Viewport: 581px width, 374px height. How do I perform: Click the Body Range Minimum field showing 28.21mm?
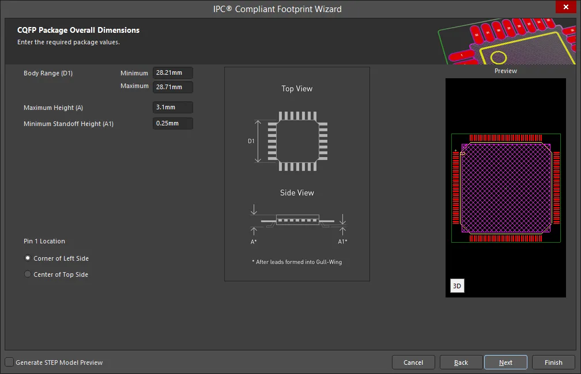[x=173, y=73]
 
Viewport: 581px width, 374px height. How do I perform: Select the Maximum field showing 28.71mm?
[x=173, y=87]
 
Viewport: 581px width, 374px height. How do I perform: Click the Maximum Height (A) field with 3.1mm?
[x=173, y=107]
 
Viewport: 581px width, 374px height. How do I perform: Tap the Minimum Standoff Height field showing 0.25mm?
[x=173, y=123]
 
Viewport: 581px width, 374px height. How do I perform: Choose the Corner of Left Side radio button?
[x=28, y=258]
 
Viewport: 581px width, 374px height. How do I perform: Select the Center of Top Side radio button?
[x=28, y=274]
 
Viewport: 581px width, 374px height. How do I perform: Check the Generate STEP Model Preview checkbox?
[x=9, y=362]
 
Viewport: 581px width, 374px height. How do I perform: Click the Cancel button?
[x=413, y=362]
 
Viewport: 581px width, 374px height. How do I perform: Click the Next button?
[x=505, y=362]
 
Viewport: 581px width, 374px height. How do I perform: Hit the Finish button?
[x=553, y=362]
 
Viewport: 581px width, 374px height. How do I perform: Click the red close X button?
[x=566, y=7]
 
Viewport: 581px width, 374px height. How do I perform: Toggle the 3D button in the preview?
[x=457, y=286]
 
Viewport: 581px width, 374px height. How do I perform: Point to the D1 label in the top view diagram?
[x=251, y=141]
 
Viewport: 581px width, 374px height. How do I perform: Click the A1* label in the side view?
[x=342, y=242]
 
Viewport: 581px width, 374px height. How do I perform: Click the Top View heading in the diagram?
[x=297, y=89]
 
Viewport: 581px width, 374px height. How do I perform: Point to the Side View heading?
[x=297, y=193]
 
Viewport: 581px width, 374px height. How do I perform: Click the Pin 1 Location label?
[x=44, y=241]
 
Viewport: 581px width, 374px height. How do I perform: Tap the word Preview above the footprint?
[x=505, y=71]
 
